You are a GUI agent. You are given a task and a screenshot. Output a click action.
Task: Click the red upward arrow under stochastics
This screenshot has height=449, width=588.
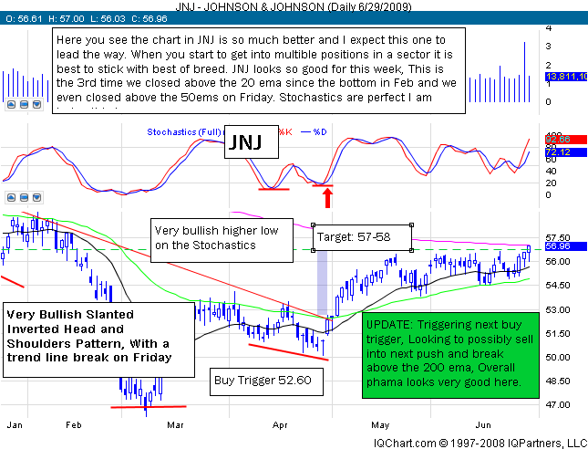(x=324, y=194)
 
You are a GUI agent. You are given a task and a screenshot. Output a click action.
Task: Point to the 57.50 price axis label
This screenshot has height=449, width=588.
(x=544, y=237)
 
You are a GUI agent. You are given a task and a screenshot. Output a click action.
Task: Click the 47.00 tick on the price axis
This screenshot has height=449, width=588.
(x=544, y=404)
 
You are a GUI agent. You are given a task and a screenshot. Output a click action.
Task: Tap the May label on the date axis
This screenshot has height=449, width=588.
(x=377, y=423)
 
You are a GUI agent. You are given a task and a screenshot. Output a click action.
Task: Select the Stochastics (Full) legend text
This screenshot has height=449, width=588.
(x=182, y=132)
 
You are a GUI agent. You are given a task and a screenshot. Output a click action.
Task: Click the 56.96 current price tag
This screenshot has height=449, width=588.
(x=544, y=246)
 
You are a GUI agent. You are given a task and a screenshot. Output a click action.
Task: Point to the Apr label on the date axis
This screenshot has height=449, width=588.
(x=280, y=423)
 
